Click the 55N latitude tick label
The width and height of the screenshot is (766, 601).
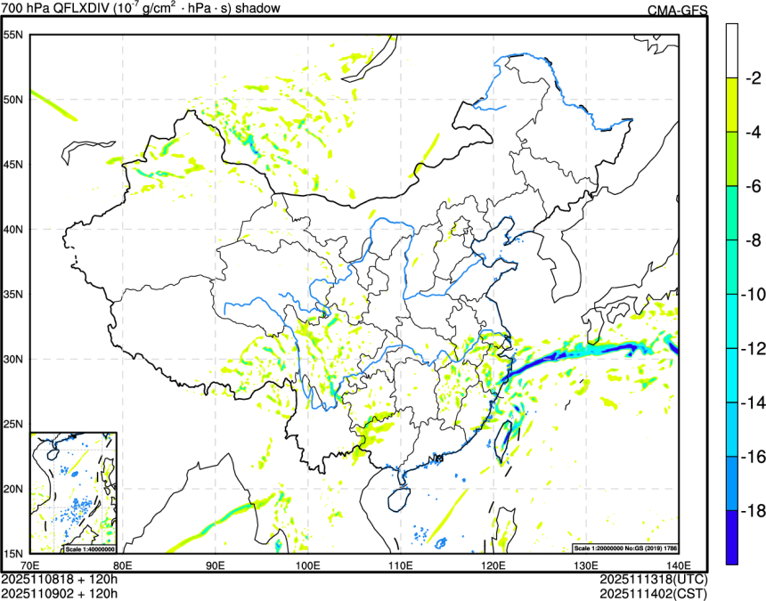[12, 35]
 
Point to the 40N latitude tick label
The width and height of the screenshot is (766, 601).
[12, 229]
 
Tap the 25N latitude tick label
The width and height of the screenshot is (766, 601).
[12, 424]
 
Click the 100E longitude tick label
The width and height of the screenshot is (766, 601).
[307, 564]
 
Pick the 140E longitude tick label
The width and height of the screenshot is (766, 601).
[678, 564]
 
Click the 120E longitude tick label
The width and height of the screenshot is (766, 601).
[493, 564]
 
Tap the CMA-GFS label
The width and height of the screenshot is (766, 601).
[678, 10]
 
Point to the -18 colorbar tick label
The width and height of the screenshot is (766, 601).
[753, 512]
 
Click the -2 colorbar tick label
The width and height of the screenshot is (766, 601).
[753, 78]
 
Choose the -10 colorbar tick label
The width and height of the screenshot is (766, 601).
[753, 295]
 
